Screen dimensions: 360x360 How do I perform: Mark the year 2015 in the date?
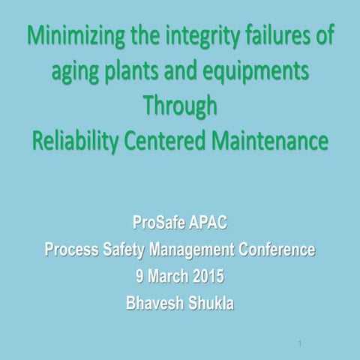pos(208,277)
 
